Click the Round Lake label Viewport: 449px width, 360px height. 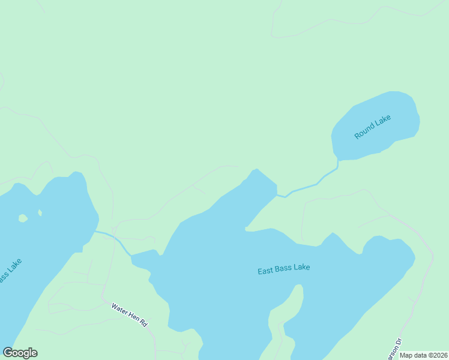(x=372, y=127)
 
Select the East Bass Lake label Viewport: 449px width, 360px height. (x=284, y=268)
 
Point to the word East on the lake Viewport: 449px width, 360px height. (x=266, y=271)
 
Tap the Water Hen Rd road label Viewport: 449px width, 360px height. (x=129, y=314)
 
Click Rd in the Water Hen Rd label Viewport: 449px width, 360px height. (x=143, y=323)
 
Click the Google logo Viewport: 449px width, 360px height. (x=20, y=353)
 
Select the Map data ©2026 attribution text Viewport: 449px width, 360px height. (x=424, y=355)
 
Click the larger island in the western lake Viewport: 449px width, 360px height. (x=22, y=218)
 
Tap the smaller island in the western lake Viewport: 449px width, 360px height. (x=40, y=212)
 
